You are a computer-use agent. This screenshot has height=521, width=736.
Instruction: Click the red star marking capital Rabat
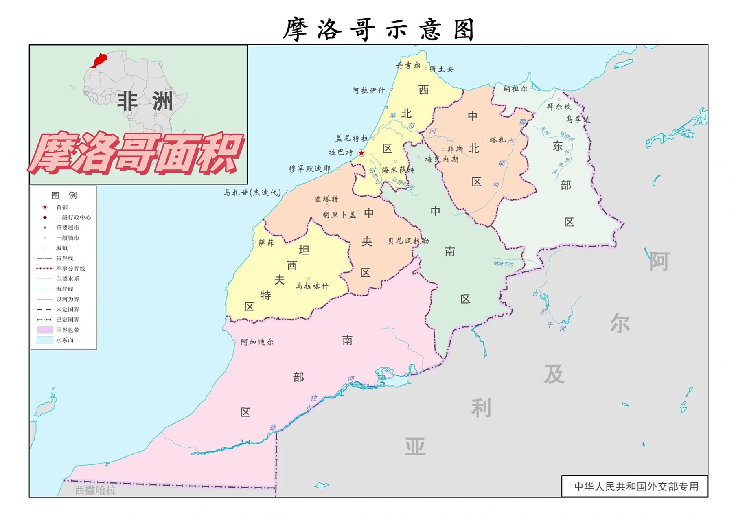[361, 153]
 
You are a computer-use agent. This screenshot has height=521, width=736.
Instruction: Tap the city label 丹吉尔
[408, 66]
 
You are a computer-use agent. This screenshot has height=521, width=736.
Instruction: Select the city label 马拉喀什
[312, 286]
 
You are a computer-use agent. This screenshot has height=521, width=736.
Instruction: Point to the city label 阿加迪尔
[257, 342]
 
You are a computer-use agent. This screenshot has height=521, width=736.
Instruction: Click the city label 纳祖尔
[515, 88]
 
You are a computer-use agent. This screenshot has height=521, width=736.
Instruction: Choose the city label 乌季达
[577, 119]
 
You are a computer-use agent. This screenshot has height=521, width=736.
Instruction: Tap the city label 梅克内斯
[441, 159]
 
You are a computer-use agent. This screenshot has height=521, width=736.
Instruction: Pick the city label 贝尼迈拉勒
[408, 241]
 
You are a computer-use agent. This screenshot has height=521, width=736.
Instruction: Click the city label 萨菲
[266, 243]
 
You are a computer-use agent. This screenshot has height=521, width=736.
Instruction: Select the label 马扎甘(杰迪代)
[252, 193]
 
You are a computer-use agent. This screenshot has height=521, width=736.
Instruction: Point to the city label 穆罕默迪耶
[309, 169]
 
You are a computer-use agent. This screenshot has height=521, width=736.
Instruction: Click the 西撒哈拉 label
[95, 490]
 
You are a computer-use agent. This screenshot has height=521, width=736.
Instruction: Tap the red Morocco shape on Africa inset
[99, 60]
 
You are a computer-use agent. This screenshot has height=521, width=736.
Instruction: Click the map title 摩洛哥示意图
[379, 29]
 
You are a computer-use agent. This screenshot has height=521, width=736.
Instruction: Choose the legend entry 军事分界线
[70, 269]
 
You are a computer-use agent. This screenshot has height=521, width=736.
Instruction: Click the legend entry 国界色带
[68, 330]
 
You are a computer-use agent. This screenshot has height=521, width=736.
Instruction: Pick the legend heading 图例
[64, 195]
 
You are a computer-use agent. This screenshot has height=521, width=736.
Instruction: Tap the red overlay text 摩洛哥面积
[136, 154]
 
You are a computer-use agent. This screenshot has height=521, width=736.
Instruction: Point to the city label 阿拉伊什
[368, 90]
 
